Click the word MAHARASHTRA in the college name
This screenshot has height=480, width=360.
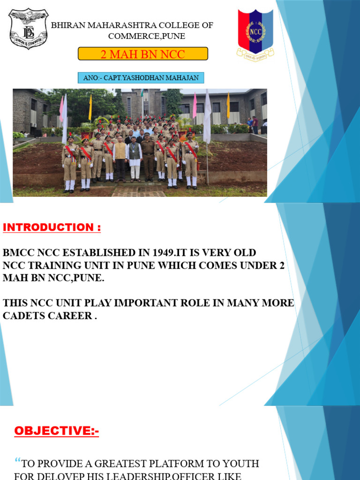[x=111, y=25]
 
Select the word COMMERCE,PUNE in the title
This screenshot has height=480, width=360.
[x=147, y=36]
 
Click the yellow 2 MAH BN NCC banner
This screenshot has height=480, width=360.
[x=142, y=54]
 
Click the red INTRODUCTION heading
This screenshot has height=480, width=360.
[x=52, y=228]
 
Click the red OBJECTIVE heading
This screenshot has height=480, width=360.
[x=57, y=431]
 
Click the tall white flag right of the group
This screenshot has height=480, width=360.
[x=207, y=117]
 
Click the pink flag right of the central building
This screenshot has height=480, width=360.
[x=194, y=105]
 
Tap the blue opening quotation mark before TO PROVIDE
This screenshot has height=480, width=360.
[x=18, y=462]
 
